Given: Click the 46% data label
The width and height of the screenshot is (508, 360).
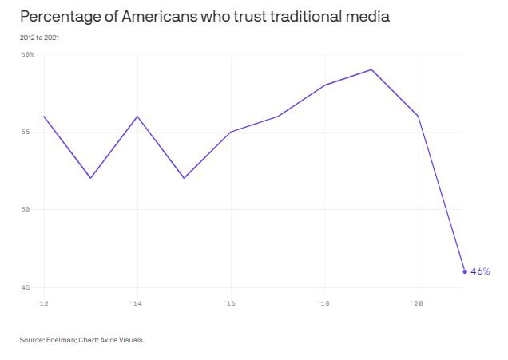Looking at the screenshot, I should [x=480, y=271].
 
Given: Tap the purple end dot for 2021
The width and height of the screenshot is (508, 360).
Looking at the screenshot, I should [x=465, y=271].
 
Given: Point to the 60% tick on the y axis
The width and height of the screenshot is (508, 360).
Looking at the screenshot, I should [x=27, y=54].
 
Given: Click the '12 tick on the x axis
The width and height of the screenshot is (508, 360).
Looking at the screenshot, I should [x=43, y=303].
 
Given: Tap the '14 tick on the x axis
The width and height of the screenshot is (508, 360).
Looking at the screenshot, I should [x=137, y=303].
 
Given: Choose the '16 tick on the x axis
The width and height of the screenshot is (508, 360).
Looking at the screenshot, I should [x=230, y=303].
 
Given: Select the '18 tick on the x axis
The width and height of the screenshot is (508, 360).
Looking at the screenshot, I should [x=323, y=303].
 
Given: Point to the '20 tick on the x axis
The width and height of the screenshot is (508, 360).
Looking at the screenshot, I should [x=417, y=303].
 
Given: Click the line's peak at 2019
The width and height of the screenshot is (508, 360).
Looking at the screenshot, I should [x=371, y=69].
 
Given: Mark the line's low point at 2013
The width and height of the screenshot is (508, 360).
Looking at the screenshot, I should [x=90, y=178].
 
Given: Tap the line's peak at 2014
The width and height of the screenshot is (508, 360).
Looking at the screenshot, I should [x=137, y=116].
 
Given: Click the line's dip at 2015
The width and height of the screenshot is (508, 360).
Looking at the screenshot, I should [x=184, y=178].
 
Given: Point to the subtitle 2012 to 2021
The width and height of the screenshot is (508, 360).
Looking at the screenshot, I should [x=38, y=38].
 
